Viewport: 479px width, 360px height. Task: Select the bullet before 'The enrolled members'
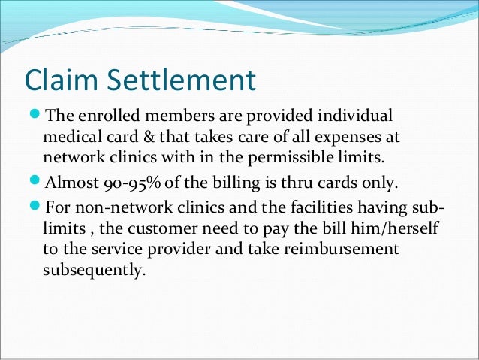click(x=35, y=117)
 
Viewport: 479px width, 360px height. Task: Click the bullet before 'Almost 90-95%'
click(x=35, y=183)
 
